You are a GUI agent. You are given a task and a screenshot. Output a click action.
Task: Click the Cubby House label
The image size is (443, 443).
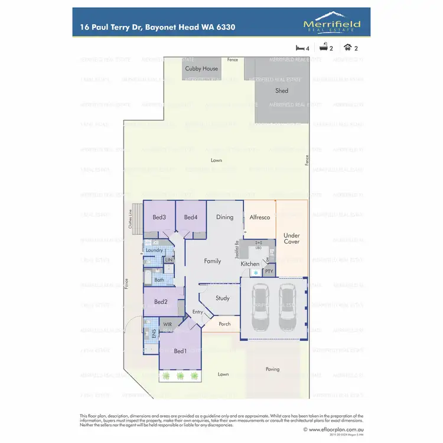201,69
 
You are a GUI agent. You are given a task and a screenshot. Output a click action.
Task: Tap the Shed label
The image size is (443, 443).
282,90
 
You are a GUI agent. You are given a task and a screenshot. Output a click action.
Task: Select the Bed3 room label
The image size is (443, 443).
159,217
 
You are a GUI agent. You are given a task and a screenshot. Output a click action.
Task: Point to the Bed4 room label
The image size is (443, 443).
190,217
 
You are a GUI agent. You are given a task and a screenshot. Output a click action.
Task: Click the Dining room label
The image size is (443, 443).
224,217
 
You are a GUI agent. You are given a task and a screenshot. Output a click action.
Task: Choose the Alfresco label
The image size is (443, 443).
260,217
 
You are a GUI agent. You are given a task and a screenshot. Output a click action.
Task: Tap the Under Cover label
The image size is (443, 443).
292,238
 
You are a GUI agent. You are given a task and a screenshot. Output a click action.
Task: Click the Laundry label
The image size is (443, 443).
154,250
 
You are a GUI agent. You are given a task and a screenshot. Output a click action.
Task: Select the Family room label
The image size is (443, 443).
213,260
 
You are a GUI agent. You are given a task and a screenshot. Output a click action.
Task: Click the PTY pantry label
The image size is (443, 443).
269,271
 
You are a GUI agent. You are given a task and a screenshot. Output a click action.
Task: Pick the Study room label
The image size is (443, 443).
222,298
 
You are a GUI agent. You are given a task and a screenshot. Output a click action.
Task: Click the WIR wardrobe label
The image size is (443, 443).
167,324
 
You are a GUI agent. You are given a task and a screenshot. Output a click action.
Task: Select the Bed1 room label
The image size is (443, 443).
180,351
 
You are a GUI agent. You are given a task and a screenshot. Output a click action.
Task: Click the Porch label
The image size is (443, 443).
224,324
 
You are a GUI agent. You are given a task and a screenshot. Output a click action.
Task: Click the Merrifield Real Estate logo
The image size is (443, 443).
331,25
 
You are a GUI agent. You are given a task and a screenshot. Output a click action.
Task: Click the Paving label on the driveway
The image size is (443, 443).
272,369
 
